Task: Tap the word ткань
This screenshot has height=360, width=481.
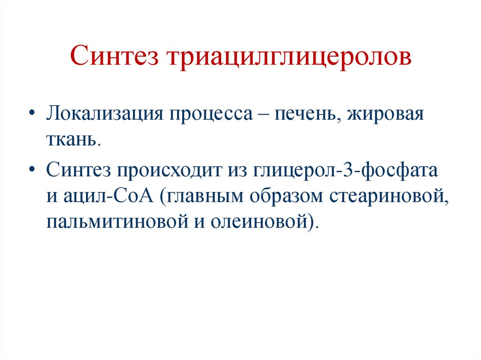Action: (73, 139)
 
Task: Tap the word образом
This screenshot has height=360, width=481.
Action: (285, 196)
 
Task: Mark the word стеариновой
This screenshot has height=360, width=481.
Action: (389, 196)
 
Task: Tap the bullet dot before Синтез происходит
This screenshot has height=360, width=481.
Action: (31, 170)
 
